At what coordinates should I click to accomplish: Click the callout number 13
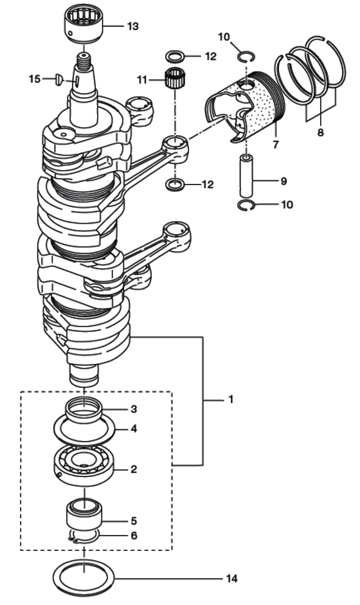point(132,26)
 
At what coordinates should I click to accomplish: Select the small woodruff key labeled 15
point(59,78)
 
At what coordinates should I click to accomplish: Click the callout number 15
point(35,78)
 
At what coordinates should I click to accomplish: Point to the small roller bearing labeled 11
point(175,78)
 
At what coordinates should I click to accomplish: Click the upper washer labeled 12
point(175,57)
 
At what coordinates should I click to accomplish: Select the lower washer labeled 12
point(175,185)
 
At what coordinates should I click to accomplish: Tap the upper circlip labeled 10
point(246,57)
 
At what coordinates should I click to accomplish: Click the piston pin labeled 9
point(247,176)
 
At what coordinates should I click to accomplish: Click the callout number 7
point(276,145)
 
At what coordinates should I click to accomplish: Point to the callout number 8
point(321,132)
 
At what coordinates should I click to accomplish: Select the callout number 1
point(231,399)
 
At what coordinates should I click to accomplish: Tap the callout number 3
point(134,409)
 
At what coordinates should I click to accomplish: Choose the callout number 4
point(134,428)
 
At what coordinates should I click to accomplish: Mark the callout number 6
point(134,536)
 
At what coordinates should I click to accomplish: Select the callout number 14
point(232,579)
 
